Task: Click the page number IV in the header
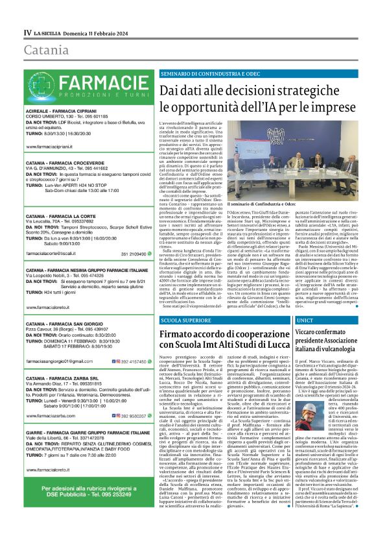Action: [x=27, y=32]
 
